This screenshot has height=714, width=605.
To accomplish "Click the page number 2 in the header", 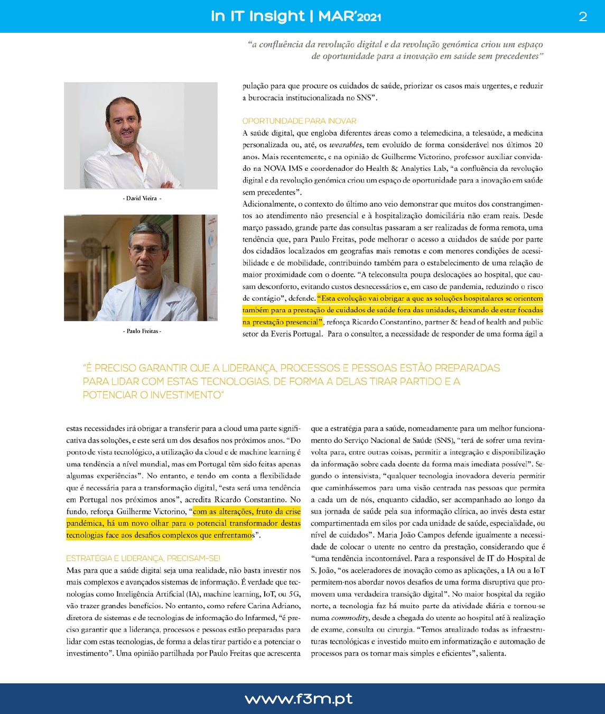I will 583,16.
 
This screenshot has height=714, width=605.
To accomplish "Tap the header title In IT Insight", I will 258,16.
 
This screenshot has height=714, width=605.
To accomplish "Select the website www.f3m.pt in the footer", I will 299,699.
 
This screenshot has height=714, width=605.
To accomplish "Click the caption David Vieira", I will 142,199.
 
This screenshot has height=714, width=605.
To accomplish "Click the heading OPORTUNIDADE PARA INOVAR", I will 299,121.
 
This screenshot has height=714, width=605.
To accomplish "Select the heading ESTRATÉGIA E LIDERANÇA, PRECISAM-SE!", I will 143,558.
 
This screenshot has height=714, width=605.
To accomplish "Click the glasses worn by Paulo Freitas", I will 146,249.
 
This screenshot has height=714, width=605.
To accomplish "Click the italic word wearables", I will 346,145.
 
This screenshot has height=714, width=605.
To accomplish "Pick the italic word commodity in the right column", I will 349,618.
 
